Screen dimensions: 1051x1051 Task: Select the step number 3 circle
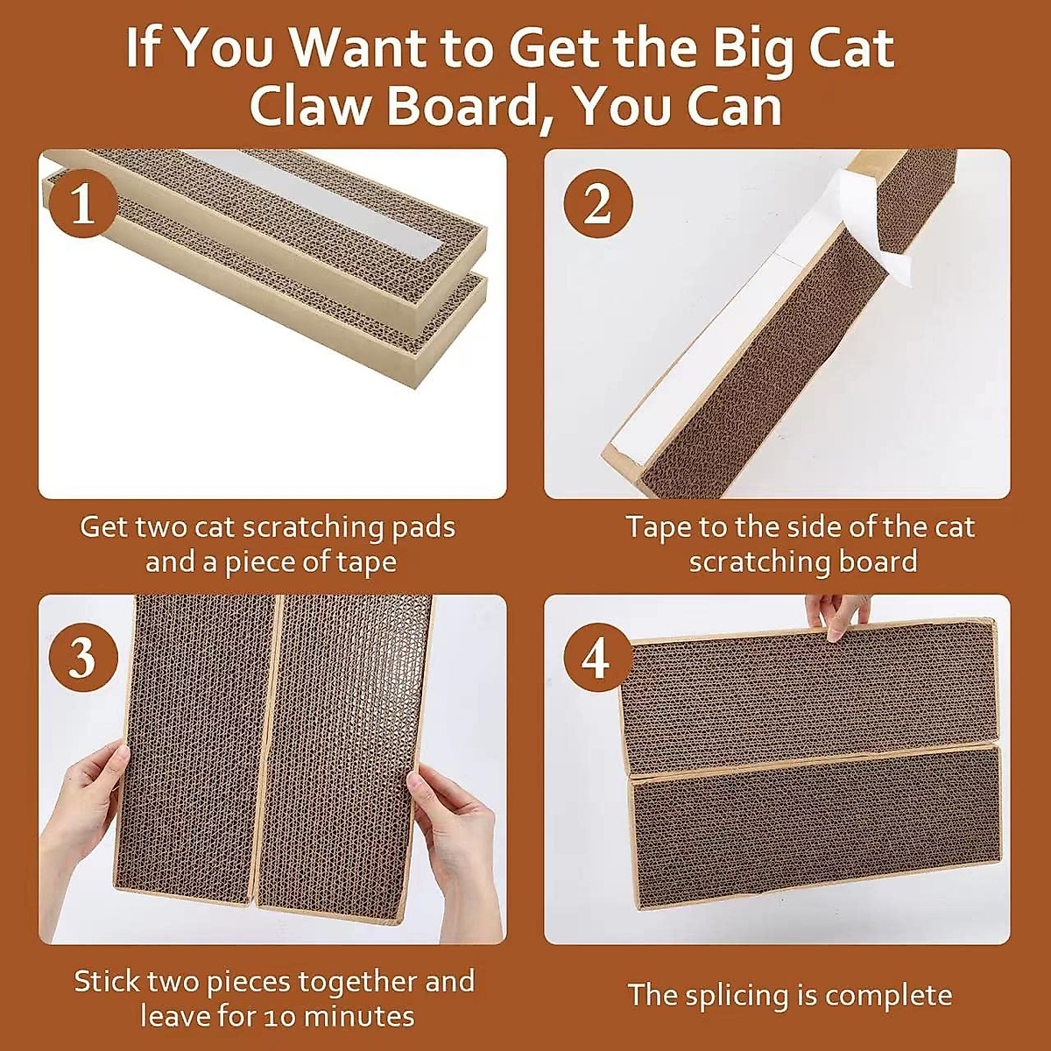[82, 656]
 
